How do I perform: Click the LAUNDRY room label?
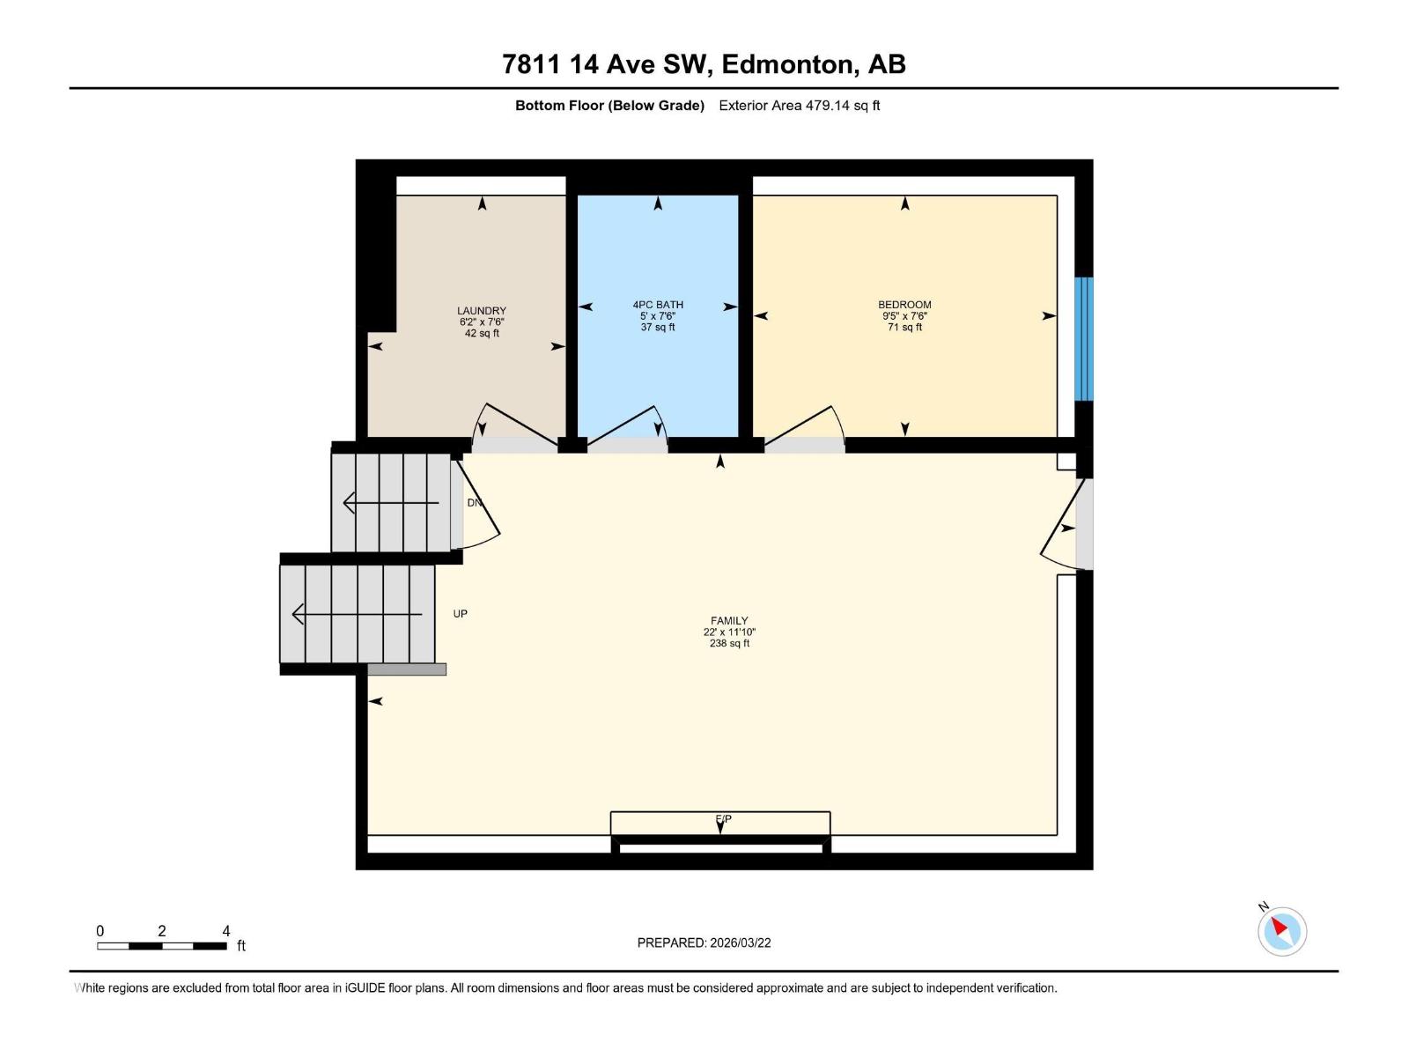tap(481, 311)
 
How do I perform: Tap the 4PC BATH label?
tap(658, 305)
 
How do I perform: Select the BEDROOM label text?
tap(904, 305)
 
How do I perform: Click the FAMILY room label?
tap(729, 621)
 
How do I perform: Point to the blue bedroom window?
tap(1084, 339)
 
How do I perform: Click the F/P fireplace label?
tap(723, 819)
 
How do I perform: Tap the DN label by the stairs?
tap(475, 503)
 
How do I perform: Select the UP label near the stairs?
tap(460, 614)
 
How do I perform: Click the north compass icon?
tap(1281, 931)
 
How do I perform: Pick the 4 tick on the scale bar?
tap(226, 931)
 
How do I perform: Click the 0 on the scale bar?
tap(100, 931)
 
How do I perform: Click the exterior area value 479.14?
tap(828, 106)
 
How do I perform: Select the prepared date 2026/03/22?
tap(739, 942)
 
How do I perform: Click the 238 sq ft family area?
tap(729, 644)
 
